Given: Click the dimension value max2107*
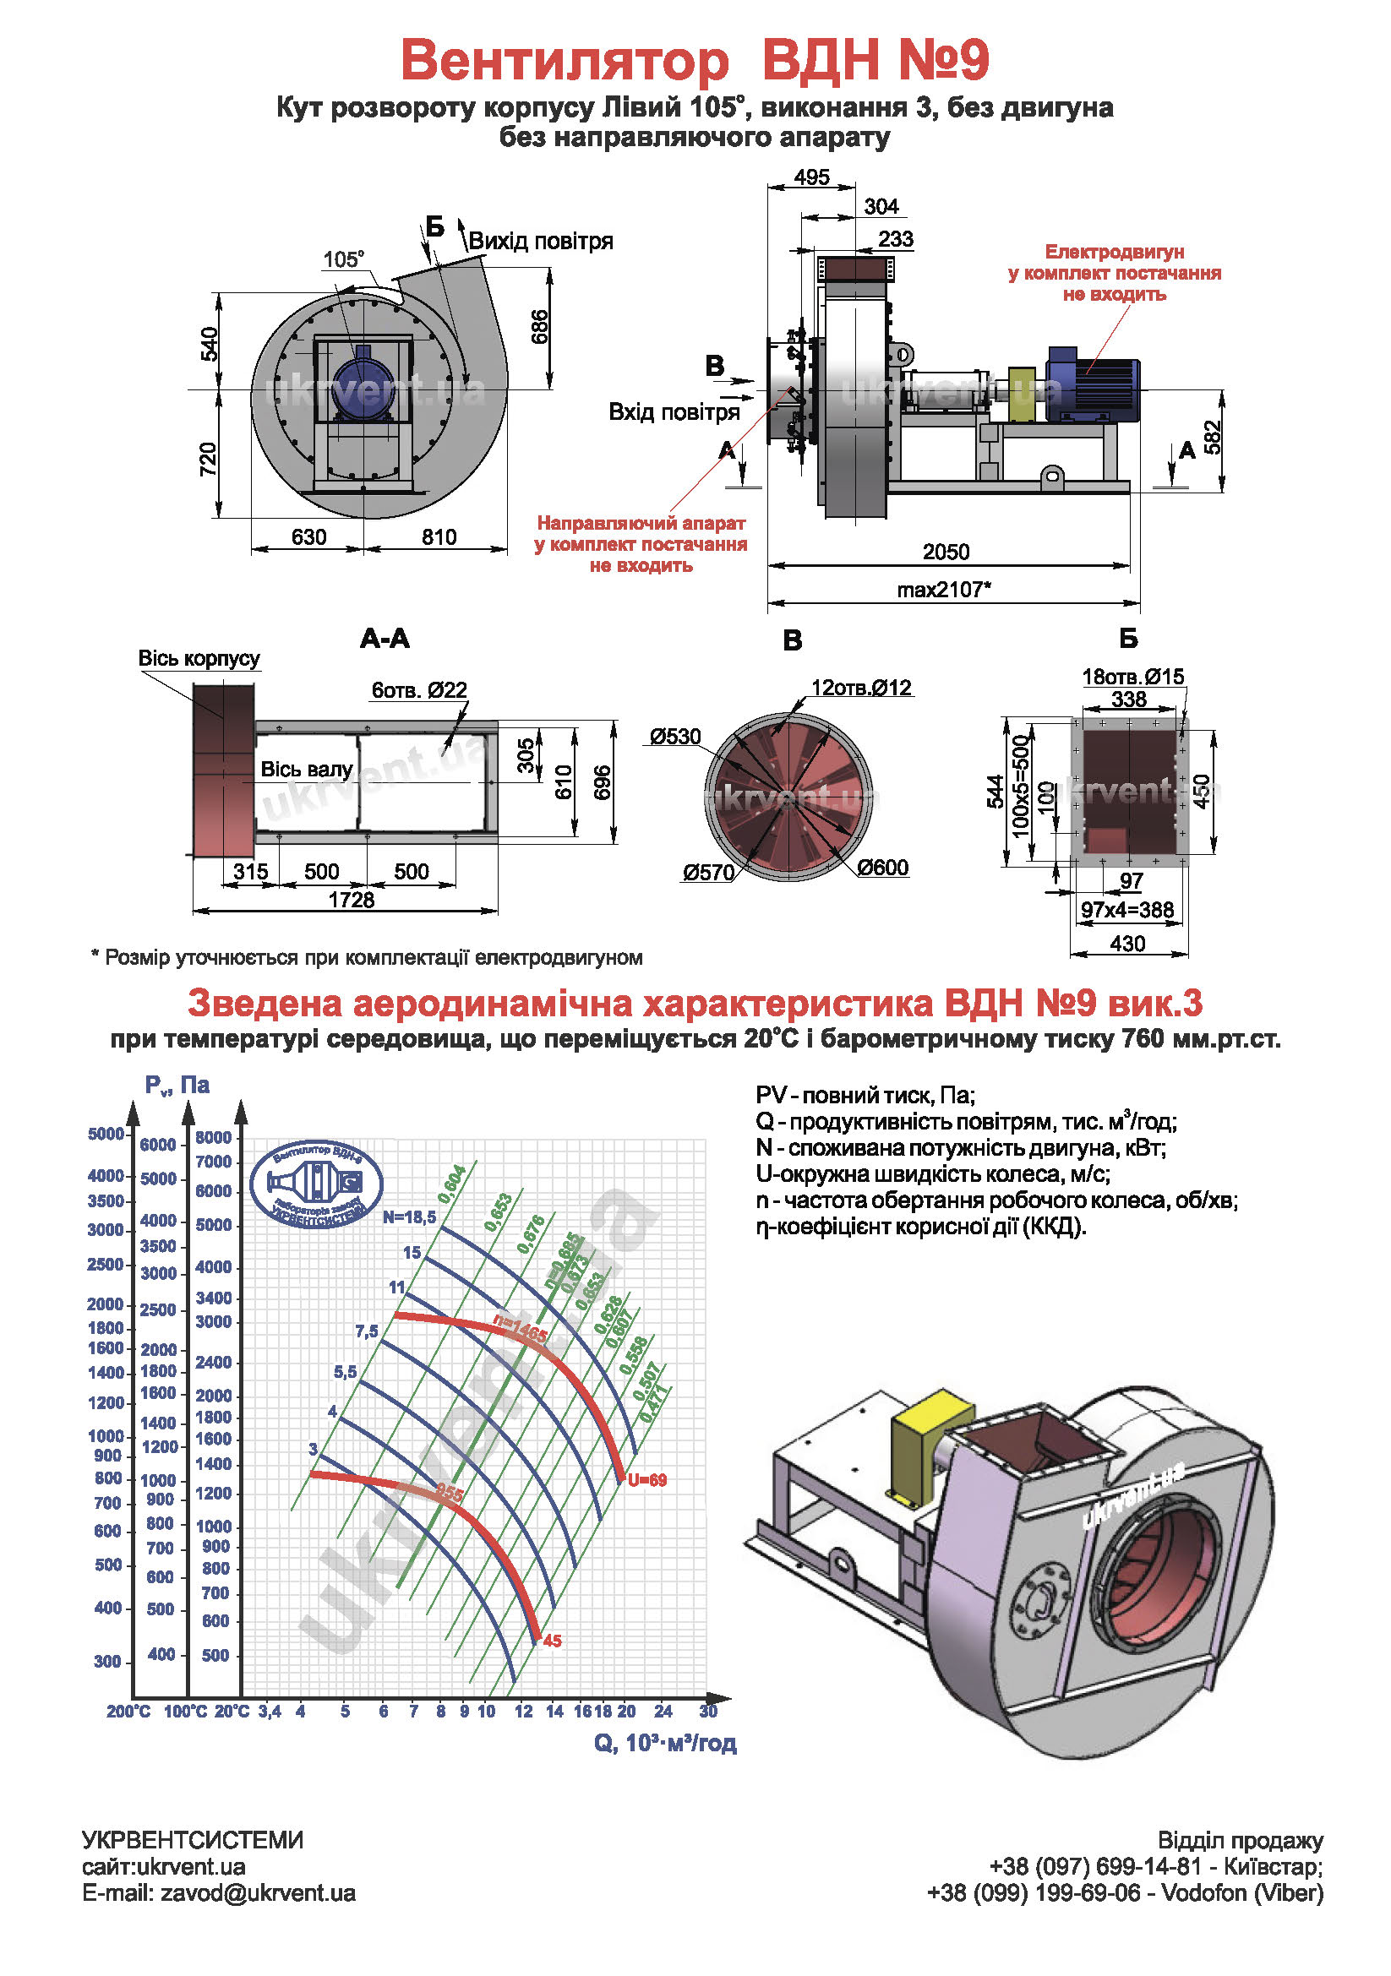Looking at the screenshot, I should [943, 590].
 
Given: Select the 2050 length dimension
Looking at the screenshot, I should [945, 552].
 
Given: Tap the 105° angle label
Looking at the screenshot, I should [343, 259].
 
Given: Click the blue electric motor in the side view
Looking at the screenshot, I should [1092, 383].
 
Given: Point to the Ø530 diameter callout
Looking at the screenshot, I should [675, 737].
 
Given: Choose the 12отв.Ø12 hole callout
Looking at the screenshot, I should [861, 688].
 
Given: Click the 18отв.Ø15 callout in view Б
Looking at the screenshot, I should [1132, 677].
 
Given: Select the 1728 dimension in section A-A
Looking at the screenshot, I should [352, 900].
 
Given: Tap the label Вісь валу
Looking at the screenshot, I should [307, 770].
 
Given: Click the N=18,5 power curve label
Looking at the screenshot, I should [410, 1217].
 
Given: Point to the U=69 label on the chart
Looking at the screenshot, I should [646, 1480].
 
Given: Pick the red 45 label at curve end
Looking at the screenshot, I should [552, 1641].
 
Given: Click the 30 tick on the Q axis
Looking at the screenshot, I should [707, 1711].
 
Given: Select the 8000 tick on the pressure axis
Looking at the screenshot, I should [214, 1137].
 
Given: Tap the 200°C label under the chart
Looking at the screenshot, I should [128, 1712].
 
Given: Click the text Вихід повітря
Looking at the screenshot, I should [541, 241].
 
